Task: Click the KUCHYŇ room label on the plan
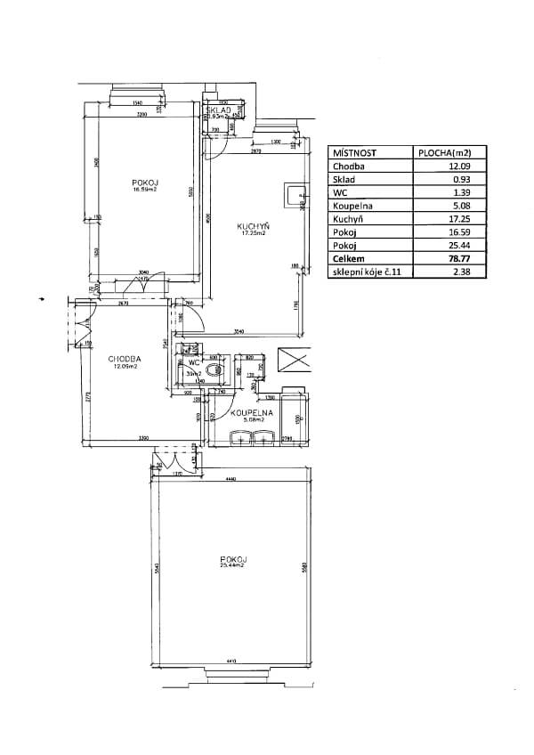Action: click(253, 226)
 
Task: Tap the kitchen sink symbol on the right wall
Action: click(294, 193)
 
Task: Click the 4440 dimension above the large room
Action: click(231, 480)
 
